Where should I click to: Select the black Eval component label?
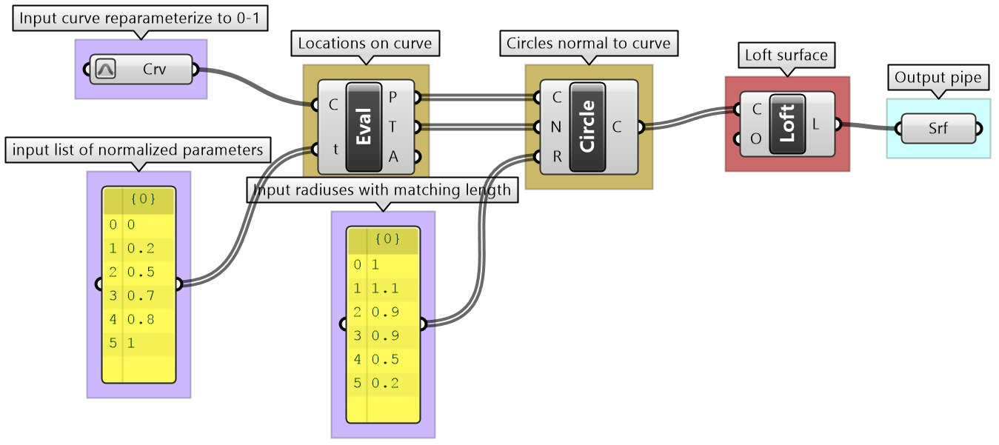click(x=364, y=127)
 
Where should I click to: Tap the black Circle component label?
click(x=587, y=127)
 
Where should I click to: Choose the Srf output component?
click(x=938, y=130)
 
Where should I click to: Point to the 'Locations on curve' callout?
click(x=364, y=44)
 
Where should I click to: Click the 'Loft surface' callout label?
click(x=786, y=56)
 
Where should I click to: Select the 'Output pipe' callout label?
click(x=938, y=78)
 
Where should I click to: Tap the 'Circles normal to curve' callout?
click(x=588, y=44)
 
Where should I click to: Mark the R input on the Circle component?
click(x=556, y=157)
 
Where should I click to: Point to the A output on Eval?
click(x=392, y=157)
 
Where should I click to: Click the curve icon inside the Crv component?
click(x=105, y=70)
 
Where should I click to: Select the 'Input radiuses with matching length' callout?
click(x=382, y=190)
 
